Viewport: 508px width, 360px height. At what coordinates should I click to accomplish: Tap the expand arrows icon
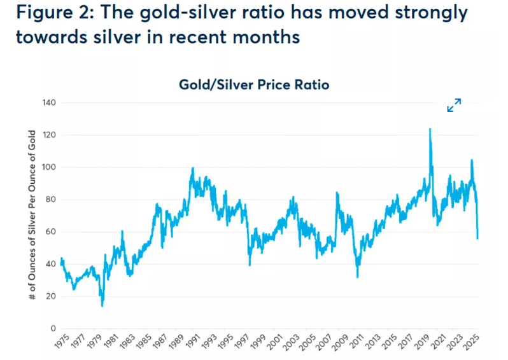pyautogui.click(x=454, y=106)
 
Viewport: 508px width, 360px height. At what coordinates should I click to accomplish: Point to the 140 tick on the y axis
pyautogui.click(x=49, y=103)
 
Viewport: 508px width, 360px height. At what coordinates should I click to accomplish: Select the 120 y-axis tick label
pyautogui.click(x=49, y=135)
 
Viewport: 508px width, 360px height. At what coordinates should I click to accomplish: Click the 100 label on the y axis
pyautogui.click(x=49, y=167)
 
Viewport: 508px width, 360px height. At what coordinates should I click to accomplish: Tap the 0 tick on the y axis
pyautogui.click(x=53, y=328)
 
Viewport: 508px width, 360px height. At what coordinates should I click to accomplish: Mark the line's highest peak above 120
pyautogui.click(x=430, y=129)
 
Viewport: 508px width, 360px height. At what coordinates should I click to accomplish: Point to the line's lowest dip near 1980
pyautogui.click(x=102, y=306)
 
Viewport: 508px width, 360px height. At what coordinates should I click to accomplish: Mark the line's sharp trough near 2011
pyautogui.click(x=358, y=277)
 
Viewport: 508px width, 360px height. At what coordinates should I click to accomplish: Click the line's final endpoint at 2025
pyautogui.click(x=477, y=239)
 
